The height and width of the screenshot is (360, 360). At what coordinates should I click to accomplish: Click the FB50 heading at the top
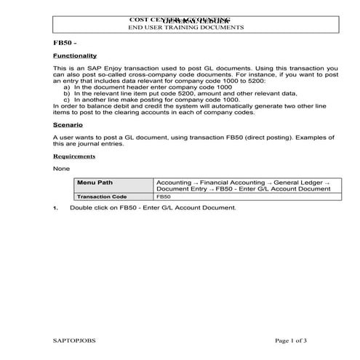(64, 43)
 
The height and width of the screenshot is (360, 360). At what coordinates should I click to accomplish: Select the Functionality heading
(75, 56)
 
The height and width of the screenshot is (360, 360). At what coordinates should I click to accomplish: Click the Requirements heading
(74, 156)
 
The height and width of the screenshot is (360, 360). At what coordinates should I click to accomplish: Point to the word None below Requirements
(61, 169)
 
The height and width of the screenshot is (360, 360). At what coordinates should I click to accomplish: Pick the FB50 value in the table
(164, 196)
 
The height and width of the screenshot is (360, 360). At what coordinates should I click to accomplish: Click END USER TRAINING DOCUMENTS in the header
(185, 27)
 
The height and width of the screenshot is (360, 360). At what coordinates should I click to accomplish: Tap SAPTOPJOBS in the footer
(74, 340)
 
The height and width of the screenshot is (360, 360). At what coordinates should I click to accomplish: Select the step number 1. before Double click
(56, 208)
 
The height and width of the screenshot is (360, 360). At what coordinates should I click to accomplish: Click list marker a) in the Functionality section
(67, 87)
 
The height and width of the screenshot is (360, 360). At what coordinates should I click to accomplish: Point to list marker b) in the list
(67, 93)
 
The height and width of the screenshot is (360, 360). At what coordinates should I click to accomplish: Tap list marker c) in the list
(67, 100)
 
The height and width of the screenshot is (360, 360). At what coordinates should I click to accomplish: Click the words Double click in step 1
(89, 208)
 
